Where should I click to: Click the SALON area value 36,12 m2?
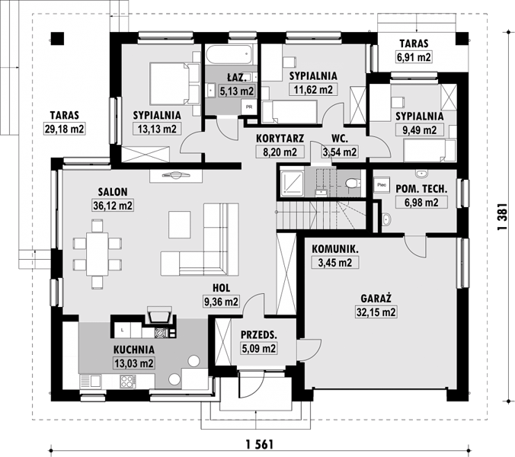113,206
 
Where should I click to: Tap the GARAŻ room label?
376,299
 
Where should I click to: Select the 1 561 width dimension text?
260,445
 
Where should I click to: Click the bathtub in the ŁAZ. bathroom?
229,55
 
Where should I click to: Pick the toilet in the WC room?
351,183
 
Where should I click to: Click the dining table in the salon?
98,254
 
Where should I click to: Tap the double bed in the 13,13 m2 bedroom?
174,83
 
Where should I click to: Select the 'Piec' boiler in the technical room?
382,185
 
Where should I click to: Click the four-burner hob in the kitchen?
128,382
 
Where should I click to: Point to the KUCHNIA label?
133,350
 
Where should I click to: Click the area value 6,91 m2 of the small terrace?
414,57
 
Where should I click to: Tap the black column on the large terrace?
57,38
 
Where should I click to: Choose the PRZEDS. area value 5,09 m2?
259,348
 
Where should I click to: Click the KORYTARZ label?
280,138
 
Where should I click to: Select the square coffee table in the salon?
180,225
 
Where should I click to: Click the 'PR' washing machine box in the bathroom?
249,107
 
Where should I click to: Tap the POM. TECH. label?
421,189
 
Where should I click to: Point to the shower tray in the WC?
291,182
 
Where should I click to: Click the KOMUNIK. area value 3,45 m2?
335,263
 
